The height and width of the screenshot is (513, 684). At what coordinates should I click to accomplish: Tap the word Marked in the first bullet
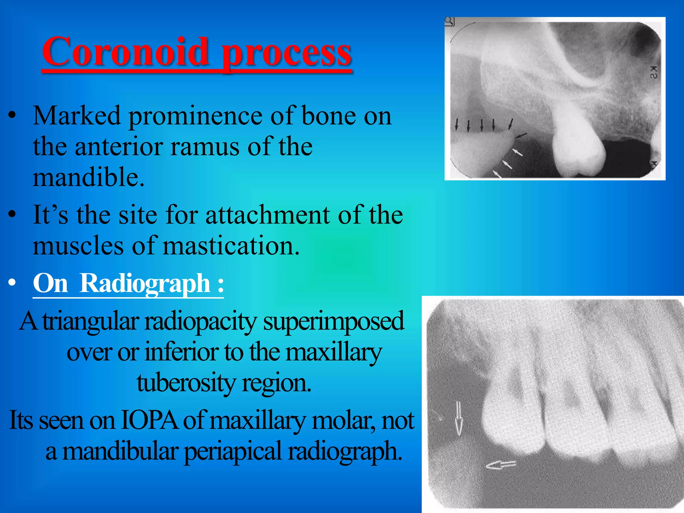(x=76, y=116)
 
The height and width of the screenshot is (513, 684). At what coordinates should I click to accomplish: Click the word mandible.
(x=88, y=177)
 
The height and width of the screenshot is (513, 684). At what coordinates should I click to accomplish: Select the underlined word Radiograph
(x=145, y=283)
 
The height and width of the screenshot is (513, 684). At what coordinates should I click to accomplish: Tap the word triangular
(x=91, y=321)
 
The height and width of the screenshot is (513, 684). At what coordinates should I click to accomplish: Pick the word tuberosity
(x=186, y=383)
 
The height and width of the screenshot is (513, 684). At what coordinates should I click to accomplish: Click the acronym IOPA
(x=149, y=420)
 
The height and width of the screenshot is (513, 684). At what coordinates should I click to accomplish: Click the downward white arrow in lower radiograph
(x=459, y=419)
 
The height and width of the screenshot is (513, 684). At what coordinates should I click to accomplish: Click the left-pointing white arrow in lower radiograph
(x=500, y=465)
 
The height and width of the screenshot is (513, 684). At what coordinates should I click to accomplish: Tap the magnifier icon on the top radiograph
(x=450, y=21)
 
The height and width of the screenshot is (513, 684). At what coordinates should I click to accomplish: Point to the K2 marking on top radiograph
(x=654, y=72)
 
